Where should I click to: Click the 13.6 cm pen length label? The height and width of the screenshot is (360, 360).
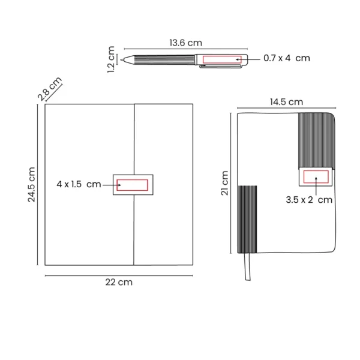tap(185, 43)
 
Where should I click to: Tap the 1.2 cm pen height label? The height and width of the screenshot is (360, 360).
tap(111, 60)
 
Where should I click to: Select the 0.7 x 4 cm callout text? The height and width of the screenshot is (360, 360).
tap(287, 59)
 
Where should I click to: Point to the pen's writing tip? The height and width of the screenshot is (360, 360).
tap(124, 59)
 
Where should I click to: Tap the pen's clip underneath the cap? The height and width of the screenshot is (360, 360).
tap(222, 67)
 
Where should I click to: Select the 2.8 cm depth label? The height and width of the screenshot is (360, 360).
tap(49, 88)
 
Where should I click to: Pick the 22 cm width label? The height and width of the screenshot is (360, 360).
tap(119, 282)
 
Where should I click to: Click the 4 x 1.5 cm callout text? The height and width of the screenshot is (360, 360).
tap(79, 184)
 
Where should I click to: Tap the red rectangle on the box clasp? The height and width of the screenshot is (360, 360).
tap(133, 185)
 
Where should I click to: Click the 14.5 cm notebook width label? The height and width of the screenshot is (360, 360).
tap(286, 102)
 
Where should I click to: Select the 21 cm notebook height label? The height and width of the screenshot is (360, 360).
tap(225, 183)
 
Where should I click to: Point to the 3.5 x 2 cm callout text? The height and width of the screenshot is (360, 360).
tap(309, 200)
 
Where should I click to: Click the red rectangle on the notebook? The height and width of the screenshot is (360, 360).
tap(316, 176)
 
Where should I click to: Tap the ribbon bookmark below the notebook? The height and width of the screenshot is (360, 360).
tap(247, 266)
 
